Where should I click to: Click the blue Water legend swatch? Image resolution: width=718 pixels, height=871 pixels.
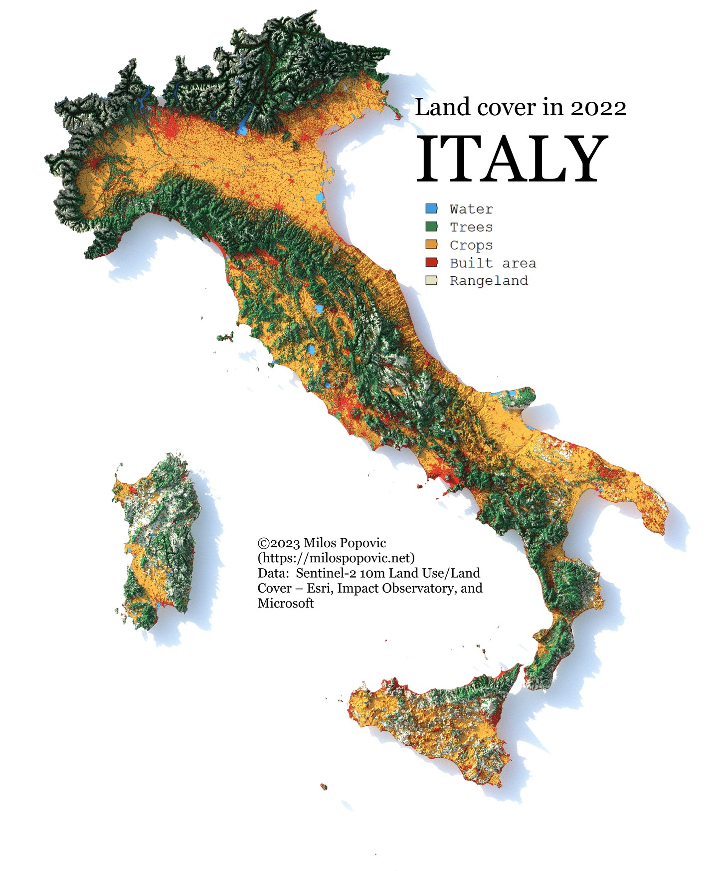(x=431, y=209)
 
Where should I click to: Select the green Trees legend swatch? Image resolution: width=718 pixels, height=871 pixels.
(x=431, y=226)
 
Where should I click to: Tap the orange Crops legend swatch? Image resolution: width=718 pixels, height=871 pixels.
(x=431, y=244)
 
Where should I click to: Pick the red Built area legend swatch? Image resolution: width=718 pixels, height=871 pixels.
(x=431, y=262)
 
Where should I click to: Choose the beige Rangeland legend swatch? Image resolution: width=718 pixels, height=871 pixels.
(x=431, y=280)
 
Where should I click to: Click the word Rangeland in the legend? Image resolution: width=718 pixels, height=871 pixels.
(x=488, y=281)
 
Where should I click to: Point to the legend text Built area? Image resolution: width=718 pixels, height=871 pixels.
(x=492, y=263)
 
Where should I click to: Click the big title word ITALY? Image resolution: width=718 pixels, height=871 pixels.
(x=512, y=159)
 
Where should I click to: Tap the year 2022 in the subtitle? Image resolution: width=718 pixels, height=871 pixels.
(x=598, y=108)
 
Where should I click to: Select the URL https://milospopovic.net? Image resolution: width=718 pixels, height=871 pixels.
(x=336, y=558)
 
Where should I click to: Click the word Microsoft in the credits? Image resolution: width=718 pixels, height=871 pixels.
(x=285, y=603)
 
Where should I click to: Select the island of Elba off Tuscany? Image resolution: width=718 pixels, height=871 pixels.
(x=226, y=337)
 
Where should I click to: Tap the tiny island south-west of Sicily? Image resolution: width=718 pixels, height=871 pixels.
(x=324, y=787)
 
